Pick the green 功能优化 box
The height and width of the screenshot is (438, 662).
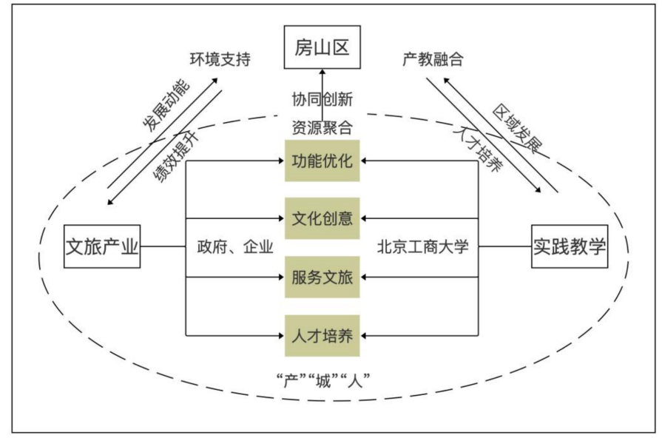click(322, 161)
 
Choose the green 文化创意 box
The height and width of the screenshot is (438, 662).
click(322, 219)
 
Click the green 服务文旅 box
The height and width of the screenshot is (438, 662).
click(322, 277)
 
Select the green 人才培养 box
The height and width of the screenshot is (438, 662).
click(322, 336)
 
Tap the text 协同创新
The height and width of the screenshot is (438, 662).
click(322, 98)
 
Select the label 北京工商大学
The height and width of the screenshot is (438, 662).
click(423, 247)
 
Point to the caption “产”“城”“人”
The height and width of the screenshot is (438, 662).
click(322, 382)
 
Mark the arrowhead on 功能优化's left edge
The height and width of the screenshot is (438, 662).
click(281, 161)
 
